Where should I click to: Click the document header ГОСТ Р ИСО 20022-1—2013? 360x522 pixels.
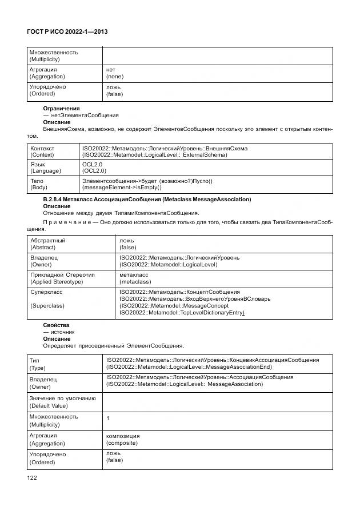click(x=68, y=33)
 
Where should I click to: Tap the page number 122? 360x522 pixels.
click(x=32, y=477)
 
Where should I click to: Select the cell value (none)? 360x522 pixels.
click(x=115, y=77)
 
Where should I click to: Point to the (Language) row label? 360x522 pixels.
click(x=45, y=171)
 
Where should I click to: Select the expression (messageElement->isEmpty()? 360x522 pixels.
click(x=122, y=188)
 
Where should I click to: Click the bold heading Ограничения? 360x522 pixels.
click(x=62, y=108)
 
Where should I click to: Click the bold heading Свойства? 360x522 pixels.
click(x=56, y=325)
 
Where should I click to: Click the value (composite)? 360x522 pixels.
click(x=123, y=443)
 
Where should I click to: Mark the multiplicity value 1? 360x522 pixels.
click(x=108, y=419)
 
